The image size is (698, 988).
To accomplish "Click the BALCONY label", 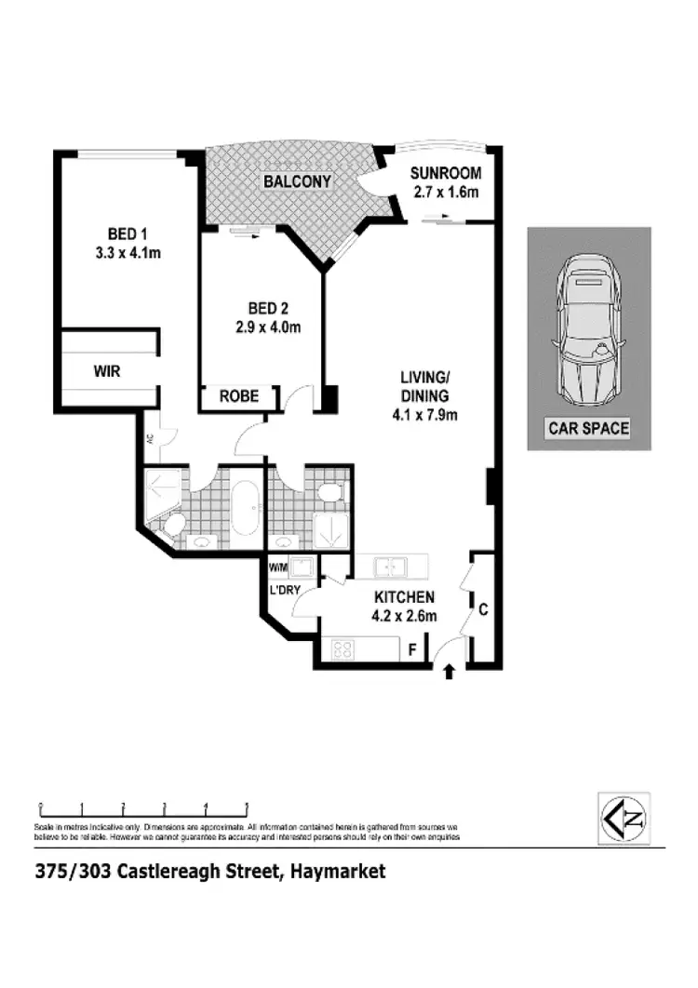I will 297,182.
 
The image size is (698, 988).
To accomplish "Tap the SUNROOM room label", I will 447,173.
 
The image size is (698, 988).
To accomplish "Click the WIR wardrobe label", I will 107,370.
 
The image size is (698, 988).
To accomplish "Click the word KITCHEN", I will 405,596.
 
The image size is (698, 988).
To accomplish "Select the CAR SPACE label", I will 588,429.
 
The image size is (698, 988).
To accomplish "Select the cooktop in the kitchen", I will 342,648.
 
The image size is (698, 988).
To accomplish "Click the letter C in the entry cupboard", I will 483,610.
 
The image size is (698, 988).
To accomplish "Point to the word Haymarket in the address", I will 338,872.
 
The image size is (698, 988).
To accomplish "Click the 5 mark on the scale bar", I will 247,807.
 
